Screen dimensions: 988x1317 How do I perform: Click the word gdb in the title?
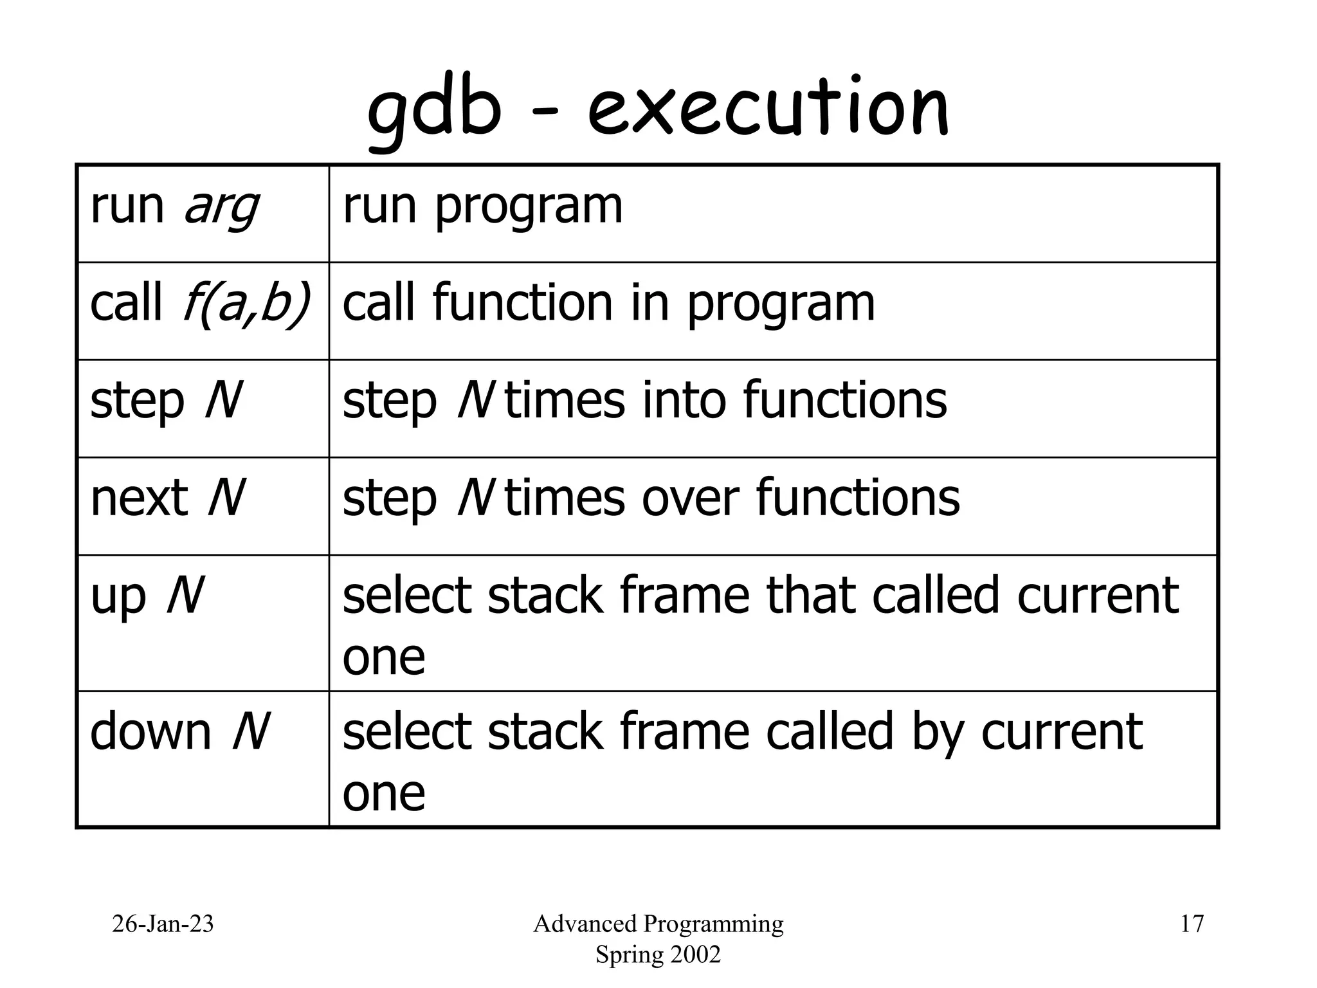tap(433, 111)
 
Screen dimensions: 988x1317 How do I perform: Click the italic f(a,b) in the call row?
tap(247, 304)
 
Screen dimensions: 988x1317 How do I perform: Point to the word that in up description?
tap(812, 595)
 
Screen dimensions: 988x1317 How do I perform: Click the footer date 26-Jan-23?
tap(163, 924)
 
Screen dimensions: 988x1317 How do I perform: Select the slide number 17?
tap(1192, 924)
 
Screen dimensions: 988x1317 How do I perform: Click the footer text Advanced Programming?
tap(658, 924)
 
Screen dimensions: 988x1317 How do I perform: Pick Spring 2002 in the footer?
tap(658, 955)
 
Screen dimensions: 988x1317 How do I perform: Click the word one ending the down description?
tap(384, 792)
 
